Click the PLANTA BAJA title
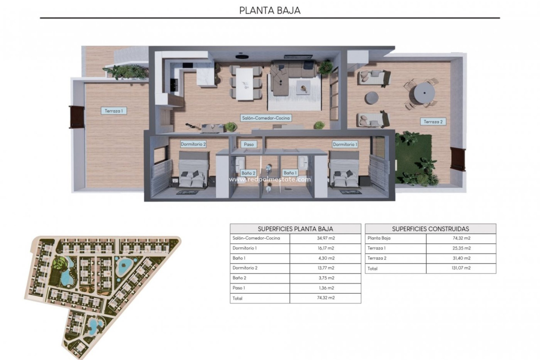(270, 10)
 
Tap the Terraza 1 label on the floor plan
(114, 111)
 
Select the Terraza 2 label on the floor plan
(433, 122)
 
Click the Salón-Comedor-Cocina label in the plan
(266, 118)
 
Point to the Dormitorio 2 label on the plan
(193, 144)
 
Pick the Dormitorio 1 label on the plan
(345, 144)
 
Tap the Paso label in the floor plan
(249, 144)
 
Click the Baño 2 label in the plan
(248, 173)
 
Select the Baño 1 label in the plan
(290, 173)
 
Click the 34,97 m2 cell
(326, 238)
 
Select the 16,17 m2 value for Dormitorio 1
(326, 248)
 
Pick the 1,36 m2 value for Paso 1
(326, 288)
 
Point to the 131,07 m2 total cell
(461, 268)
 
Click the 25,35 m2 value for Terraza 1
(461, 248)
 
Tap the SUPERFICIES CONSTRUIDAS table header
(430, 229)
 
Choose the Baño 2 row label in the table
(239, 278)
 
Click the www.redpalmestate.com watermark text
(270, 179)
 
